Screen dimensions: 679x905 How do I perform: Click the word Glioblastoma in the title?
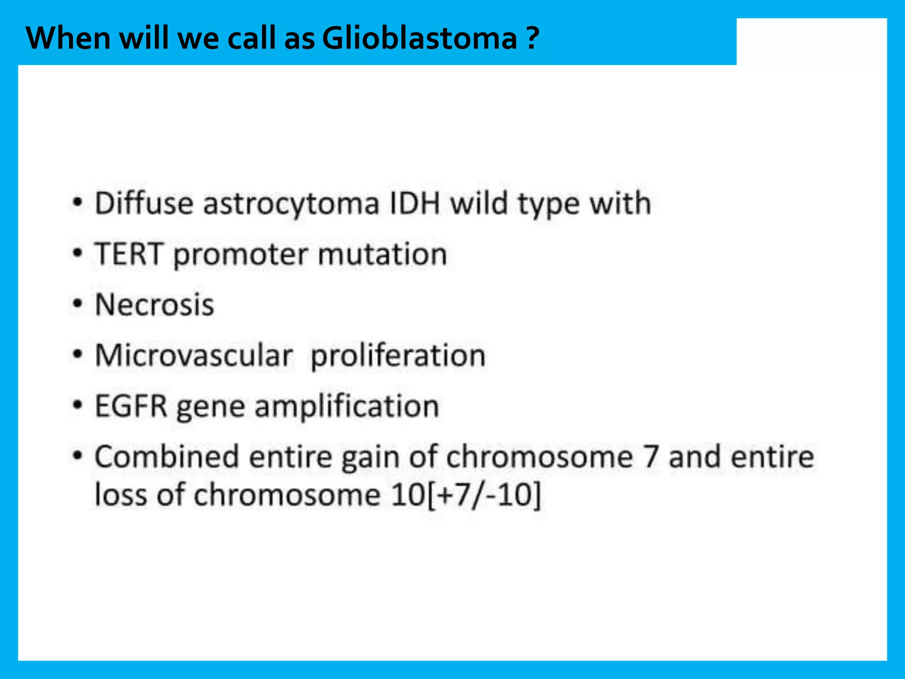click(419, 38)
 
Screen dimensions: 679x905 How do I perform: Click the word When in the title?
click(68, 38)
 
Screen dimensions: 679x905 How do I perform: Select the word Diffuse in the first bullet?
click(144, 204)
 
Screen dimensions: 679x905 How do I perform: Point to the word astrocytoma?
click(291, 204)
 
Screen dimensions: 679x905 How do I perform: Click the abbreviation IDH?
click(415, 204)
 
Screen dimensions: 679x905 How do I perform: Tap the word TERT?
click(129, 254)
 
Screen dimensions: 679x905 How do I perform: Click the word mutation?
click(382, 254)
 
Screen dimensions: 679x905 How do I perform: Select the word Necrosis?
click(155, 305)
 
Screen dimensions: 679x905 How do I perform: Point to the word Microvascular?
click(194, 356)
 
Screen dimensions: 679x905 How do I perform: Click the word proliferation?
click(398, 356)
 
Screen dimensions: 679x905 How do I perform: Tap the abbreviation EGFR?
click(131, 406)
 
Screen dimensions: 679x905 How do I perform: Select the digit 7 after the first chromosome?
click(650, 457)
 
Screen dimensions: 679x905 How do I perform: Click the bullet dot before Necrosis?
click(78, 304)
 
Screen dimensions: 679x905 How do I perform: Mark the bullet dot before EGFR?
click(78, 405)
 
